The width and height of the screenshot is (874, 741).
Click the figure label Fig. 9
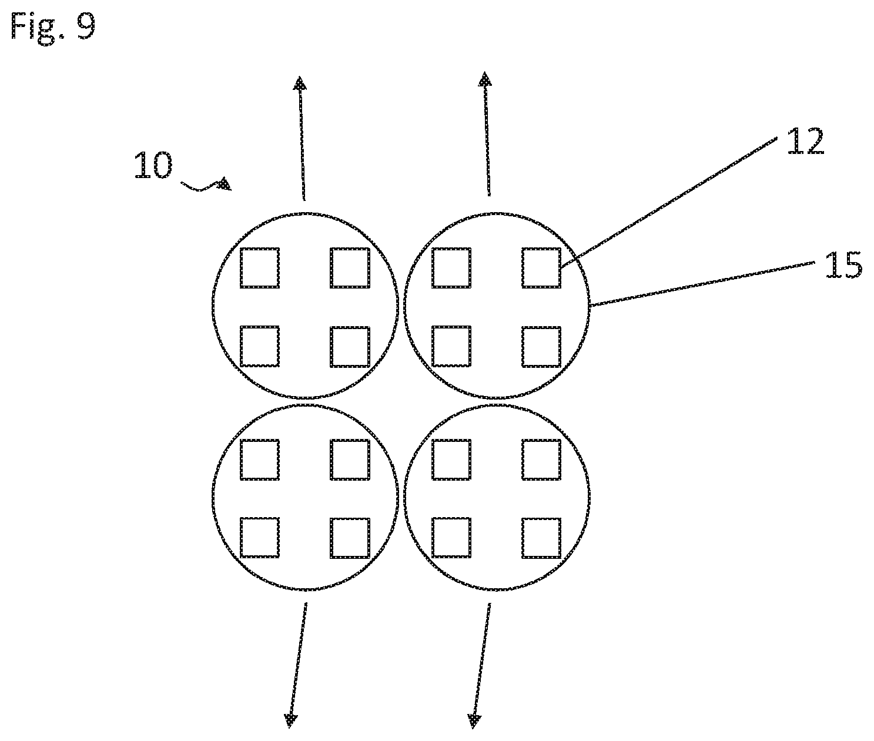pyautogui.click(x=53, y=26)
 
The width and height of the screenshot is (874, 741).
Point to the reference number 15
pyautogui.click(x=843, y=265)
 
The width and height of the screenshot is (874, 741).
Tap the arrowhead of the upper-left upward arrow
pyautogui.click(x=300, y=83)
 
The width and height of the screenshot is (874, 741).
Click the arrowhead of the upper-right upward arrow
pyautogui.click(x=484, y=79)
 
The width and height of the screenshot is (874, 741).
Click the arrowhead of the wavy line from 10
pyautogui.click(x=225, y=185)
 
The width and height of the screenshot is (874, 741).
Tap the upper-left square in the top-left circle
pyautogui.click(x=260, y=267)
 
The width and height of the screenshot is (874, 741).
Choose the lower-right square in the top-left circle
pyautogui.click(x=350, y=346)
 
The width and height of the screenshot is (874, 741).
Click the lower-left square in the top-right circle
pyautogui.click(x=451, y=346)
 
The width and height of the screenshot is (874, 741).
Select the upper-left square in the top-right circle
pyautogui.click(x=451, y=267)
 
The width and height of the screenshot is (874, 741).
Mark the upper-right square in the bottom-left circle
pyautogui.click(x=350, y=460)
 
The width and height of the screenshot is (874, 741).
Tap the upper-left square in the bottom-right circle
pyautogui.click(x=451, y=460)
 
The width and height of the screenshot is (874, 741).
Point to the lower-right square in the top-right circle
pyautogui.click(x=541, y=346)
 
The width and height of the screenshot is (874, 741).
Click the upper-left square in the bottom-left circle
pyautogui.click(x=260, y=460)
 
